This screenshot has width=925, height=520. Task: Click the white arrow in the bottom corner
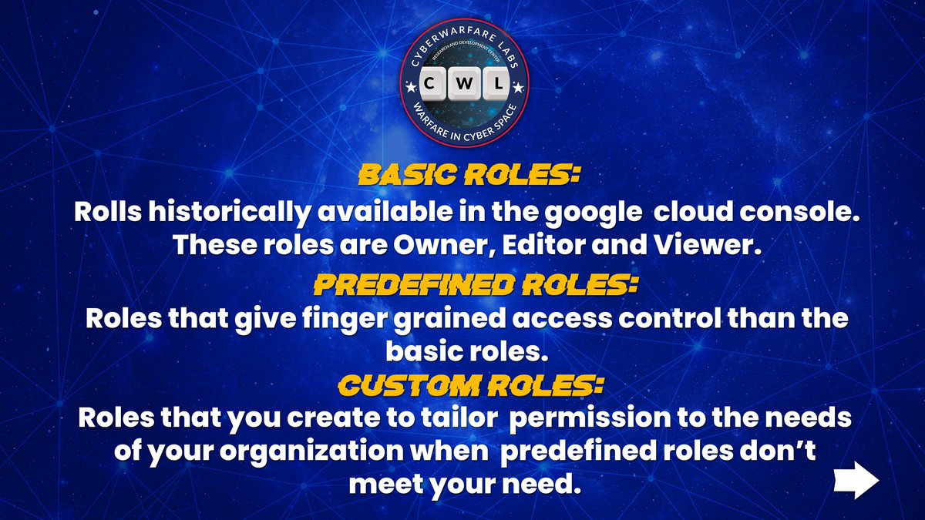[x=856, y=481]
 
